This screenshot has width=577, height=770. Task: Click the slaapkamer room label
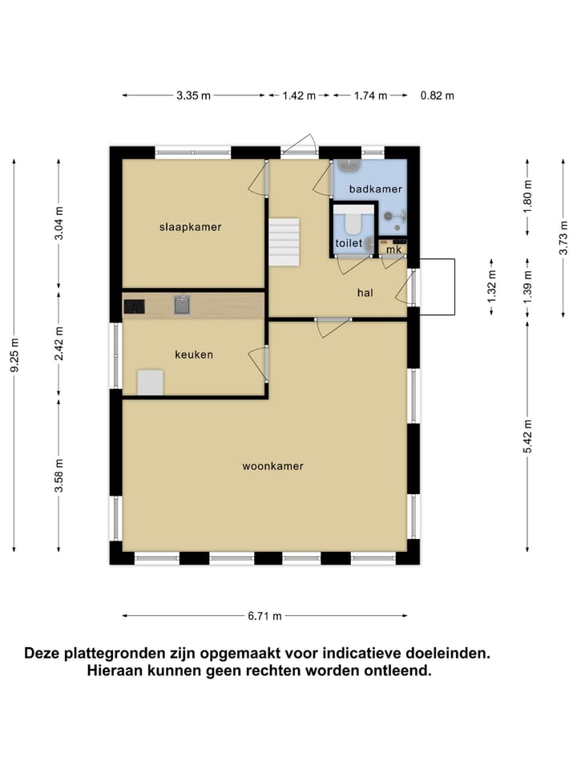click(x=190, y=227)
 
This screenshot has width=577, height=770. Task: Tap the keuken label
click(x=194, y=354)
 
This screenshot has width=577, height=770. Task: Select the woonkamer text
click(x=273, y=465)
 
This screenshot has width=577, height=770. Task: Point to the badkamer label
click(x=375, y=189)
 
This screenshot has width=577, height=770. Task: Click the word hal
click(x=365, y=293)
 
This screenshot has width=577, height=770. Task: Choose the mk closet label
click(x=393, y=249)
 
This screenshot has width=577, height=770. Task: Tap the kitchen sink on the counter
click(x=182, y=305)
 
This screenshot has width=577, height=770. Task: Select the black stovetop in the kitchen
click(x=133, y=305)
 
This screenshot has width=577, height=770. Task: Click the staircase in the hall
click(x=284, y=242)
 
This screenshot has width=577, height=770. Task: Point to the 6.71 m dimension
click(x=264, y=616)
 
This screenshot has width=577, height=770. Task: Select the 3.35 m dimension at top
click(x=193, y=95)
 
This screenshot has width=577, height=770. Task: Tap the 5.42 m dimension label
click(x=527, y=436)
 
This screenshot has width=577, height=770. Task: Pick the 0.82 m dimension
click(x=437, y=95)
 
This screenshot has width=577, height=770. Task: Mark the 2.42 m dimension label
click(x=59, y=343)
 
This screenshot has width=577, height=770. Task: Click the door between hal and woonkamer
click(x=333, y=325)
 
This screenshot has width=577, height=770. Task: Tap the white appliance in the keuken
click(x=151, y=383)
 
